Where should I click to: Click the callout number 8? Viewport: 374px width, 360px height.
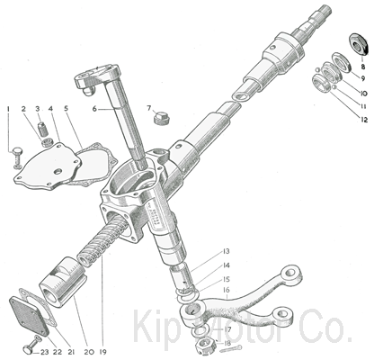[x=363, y=67]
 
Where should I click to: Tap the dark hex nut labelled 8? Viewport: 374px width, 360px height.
[x=359, y=44]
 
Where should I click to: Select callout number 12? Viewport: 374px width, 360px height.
[x=364, y=120]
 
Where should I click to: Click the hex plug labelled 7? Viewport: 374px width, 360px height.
[x=162, y=118]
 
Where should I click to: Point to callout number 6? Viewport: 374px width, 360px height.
[x=94, y=109]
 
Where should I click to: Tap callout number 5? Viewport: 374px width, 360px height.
[x=66, y=108]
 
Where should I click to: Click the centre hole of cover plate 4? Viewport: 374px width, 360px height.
[x=58, y=172]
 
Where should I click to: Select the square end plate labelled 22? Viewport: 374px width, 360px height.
[x=29, y=316]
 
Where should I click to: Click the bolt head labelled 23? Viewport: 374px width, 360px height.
[x=27, y=350]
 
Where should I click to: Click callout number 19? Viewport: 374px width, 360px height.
[x=102, y=352]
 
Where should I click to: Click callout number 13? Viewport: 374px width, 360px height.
[x=226, y=251]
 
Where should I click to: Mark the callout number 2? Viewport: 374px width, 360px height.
[x=23, y=109]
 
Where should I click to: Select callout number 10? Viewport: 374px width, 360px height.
[x=363, y=94]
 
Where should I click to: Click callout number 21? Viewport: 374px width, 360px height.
[x=71, y=352]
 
